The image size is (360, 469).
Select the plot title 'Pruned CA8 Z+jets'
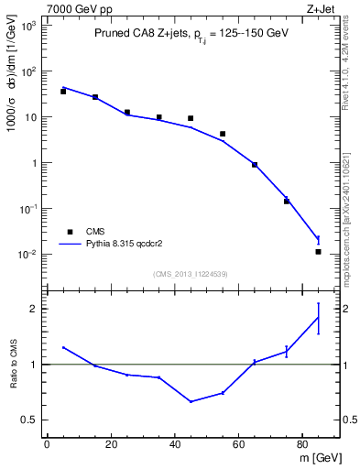tap(138, 35)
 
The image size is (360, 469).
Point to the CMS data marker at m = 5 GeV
tap(63, 92)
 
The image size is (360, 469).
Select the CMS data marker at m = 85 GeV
tap(318, 251)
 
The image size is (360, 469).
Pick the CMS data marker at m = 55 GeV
tap(223, 134)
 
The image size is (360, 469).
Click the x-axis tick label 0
tap(47, 445)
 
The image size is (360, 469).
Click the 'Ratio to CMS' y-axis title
tap(13, 377)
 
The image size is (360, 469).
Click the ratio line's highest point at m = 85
tap(318, 318)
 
